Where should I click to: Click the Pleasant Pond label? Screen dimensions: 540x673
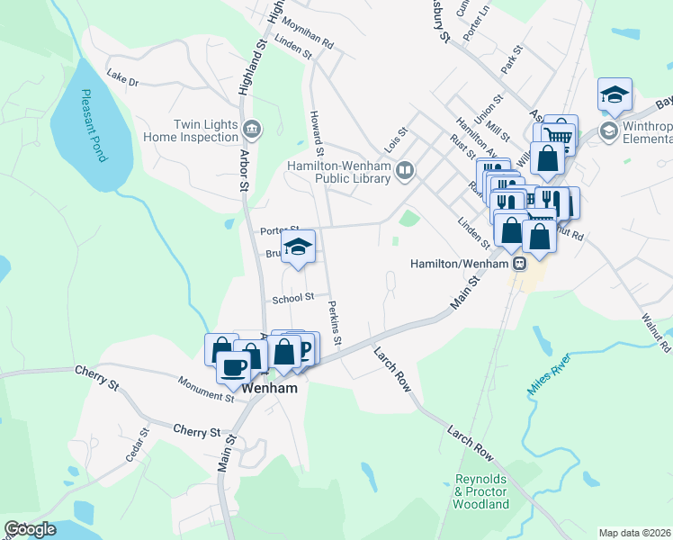point(94,125)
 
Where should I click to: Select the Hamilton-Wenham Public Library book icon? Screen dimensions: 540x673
point(406,170)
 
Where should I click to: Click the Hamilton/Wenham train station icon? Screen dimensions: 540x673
point(519,263)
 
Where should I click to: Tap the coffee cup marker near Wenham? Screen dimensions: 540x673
point(233,366)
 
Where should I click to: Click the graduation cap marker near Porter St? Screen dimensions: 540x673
point(298,247)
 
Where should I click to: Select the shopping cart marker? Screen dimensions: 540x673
point(559,134)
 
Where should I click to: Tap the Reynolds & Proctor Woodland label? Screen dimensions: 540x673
point(482,491)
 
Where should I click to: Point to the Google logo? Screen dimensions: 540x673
point(30,529)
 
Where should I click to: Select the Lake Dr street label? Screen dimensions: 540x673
point(121,81)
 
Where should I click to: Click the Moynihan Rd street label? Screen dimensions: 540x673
point(307,34)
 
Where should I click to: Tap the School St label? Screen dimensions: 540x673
point(294,297)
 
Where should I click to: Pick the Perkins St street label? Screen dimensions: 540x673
point(335,322)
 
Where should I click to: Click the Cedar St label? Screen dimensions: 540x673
point(136,447)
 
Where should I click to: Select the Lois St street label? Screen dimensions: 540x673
point(396,140)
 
